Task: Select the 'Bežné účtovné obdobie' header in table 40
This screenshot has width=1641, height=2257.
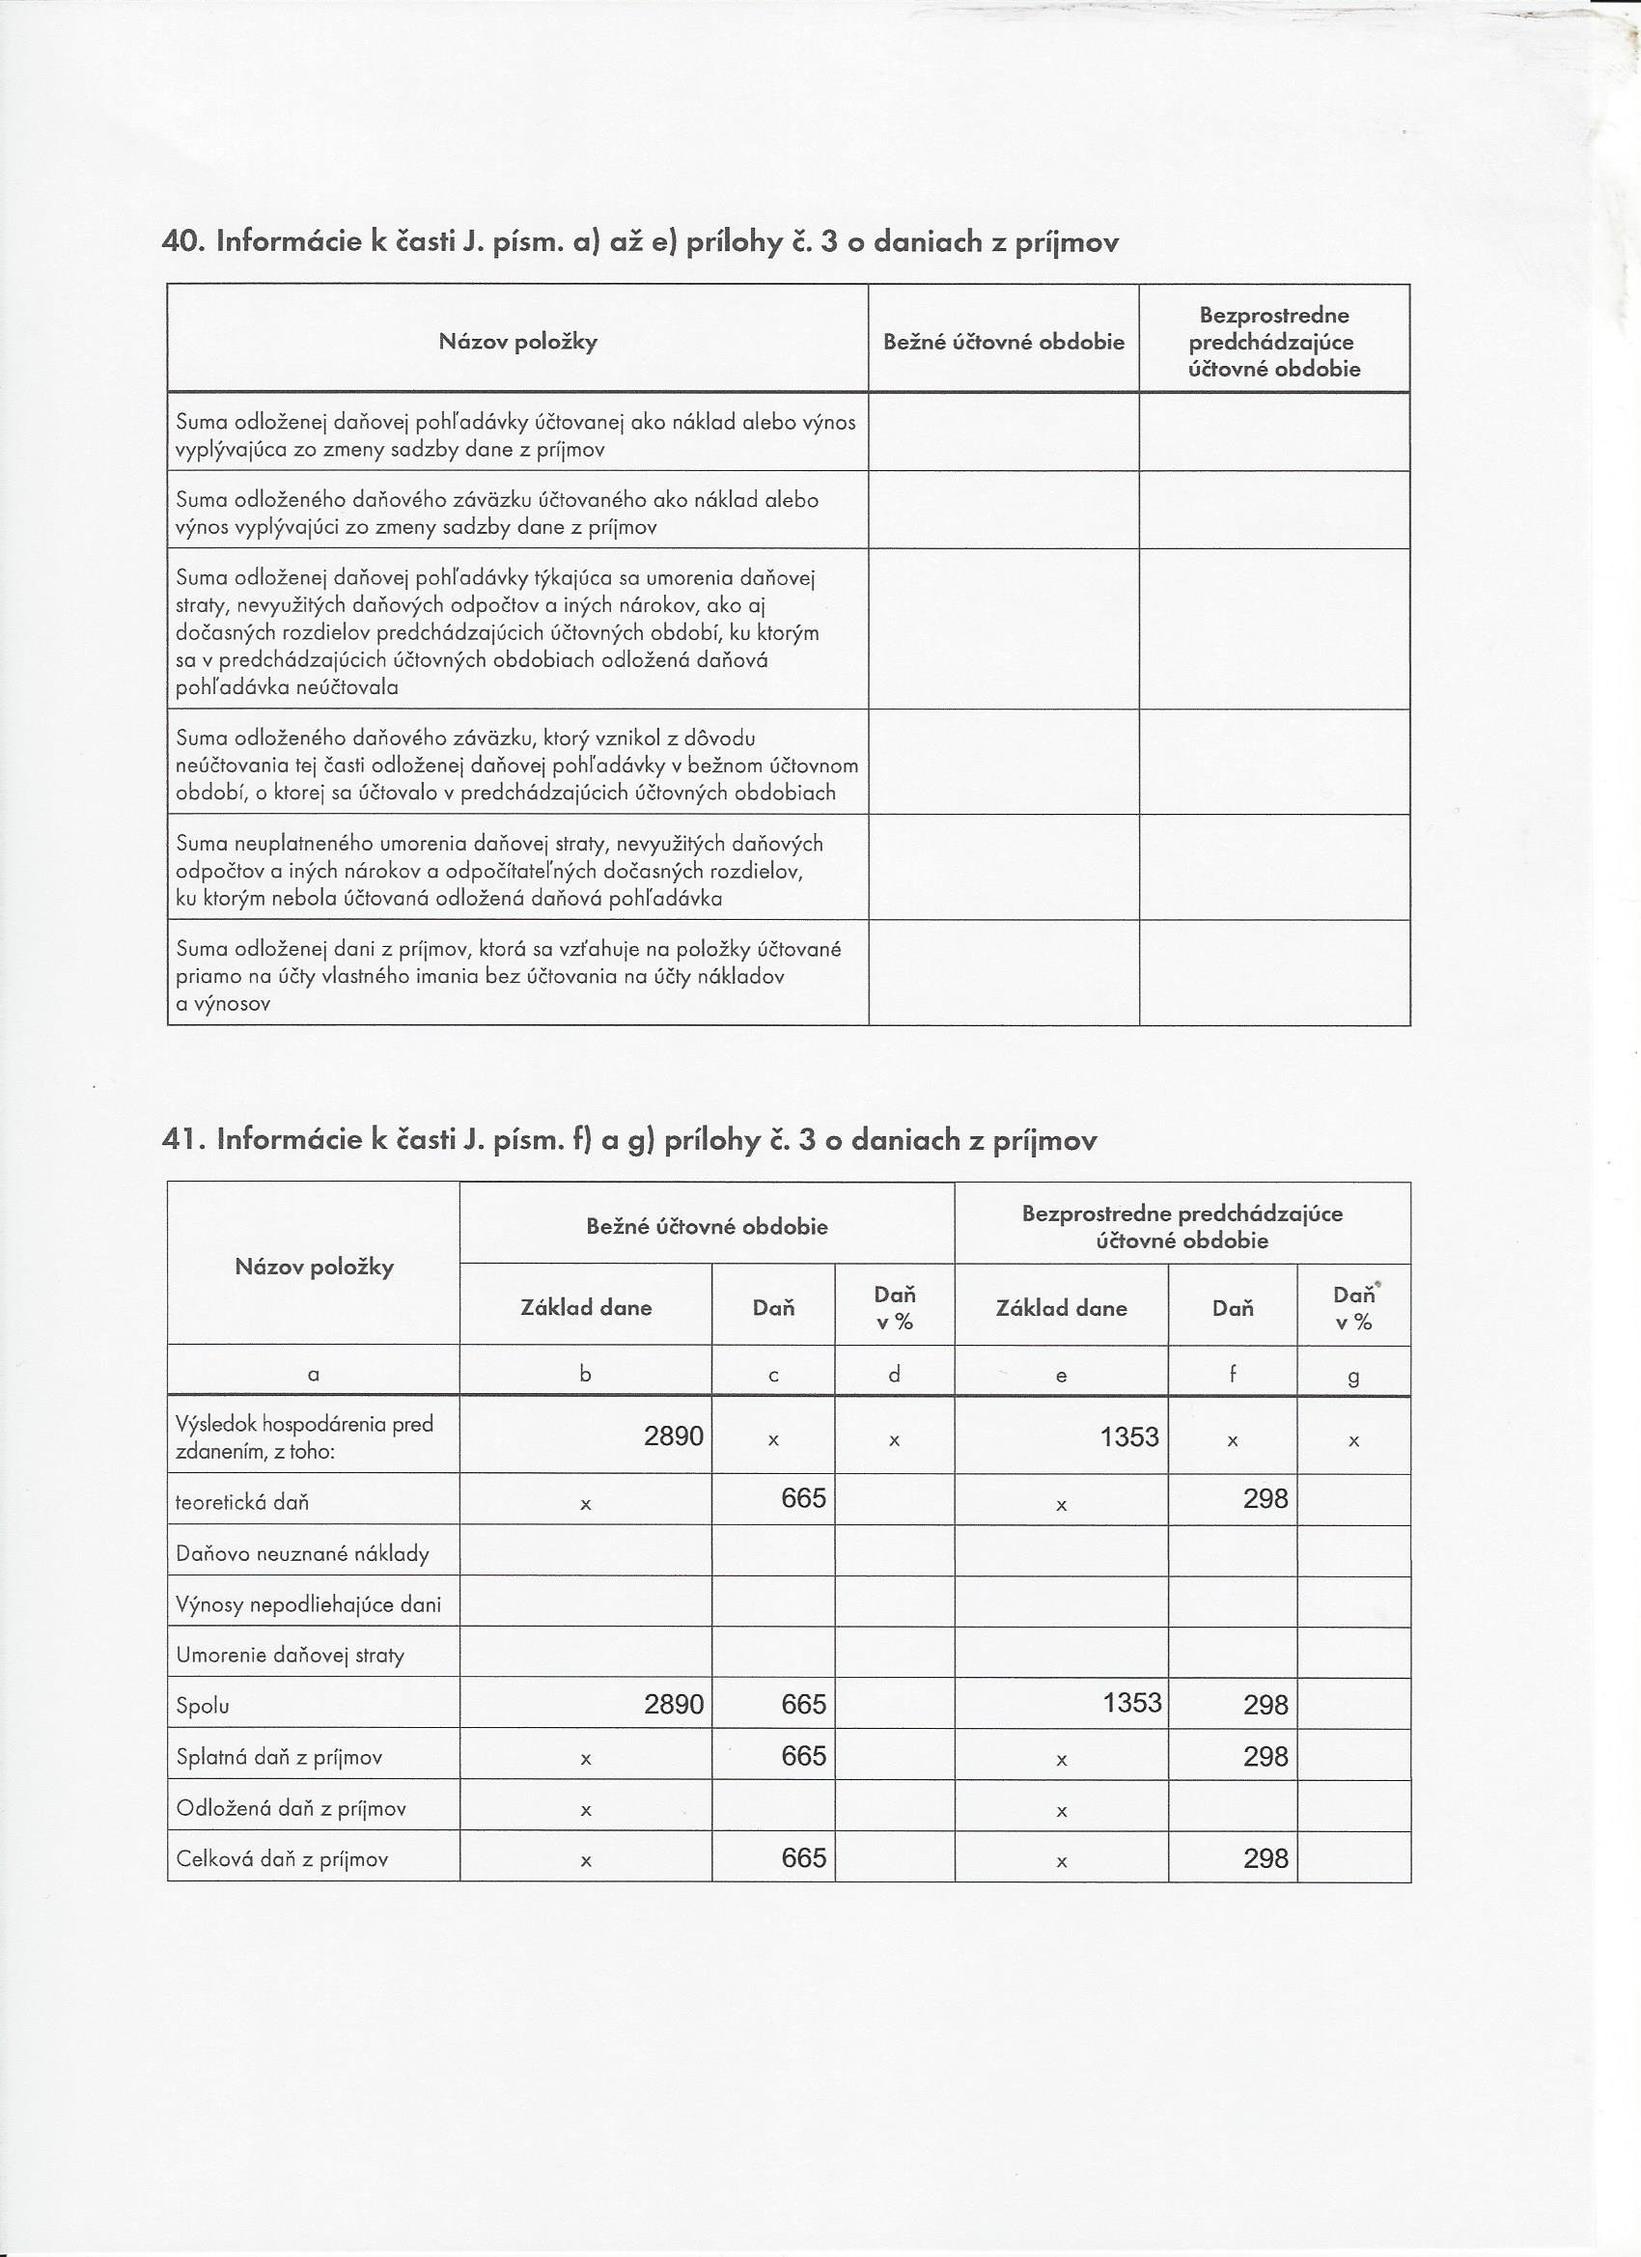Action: pyautogui.click(x=1003, y=343)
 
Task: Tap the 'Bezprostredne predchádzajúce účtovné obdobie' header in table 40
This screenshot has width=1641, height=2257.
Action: pyautogui.click(x=1274, y=343)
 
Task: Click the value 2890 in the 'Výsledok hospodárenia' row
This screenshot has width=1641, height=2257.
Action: pyautogui.click(x=674, y=1436)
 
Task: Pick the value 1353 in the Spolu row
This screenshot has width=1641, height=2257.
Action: pyautogui.click(x=1131, y=1703)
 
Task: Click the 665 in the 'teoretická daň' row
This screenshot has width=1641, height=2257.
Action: pyautogui.click(x=803, y=1498)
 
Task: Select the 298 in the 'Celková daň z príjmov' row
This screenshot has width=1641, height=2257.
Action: pyautogui.click(x=1265, y=1859)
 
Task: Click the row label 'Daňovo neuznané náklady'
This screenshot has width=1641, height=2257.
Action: pyautogui.click(x=302, y=1554)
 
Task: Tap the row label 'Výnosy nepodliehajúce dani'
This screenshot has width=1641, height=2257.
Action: pyautogui.click(x=309, y=1605)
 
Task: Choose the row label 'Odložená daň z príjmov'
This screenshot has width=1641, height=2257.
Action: pyautogui.click(x=291, y=1809)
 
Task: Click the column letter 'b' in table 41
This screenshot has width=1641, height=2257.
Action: pyautogui.click(x=585, y=1375)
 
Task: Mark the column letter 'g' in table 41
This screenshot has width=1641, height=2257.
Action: pyautogui.click(x=1353, y=1378)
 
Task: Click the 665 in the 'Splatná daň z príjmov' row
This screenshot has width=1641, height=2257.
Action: pyautogui.click(x=803, y=1756)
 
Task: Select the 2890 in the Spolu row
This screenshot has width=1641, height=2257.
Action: pyautogui.click(x=674, y=1705)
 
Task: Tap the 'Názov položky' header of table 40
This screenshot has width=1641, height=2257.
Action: pyautogui.click(x=517, y=343)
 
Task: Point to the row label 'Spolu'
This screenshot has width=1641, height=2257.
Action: pyautogui.click(x=203, y=1707)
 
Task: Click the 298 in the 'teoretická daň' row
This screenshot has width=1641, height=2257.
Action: pyautogui.click(x=1265, y=1498)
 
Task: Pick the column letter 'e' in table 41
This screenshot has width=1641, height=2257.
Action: pyautogui.click(x=1061, y=1377)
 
